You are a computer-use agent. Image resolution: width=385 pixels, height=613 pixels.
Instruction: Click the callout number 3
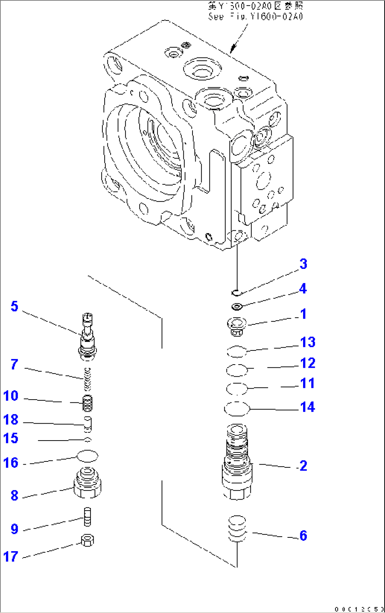click(303, 264)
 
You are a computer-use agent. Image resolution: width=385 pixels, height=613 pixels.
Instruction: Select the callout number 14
click(307, 407)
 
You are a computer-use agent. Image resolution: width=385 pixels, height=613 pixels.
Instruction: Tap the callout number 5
click(14, 306)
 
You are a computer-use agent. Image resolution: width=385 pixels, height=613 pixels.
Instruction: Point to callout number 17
click(11, 556)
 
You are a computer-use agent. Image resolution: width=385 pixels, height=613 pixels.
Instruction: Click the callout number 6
click(303, 536)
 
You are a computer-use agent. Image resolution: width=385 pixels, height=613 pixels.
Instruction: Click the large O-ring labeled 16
click(87, 456)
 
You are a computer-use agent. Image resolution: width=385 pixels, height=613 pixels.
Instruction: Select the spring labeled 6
click(237, 529)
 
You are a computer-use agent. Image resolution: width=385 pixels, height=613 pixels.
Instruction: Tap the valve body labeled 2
click(237, 463)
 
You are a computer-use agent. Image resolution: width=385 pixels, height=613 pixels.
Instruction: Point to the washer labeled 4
click(236, 306)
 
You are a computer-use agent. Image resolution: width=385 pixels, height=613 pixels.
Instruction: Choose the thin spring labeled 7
click(88, 379)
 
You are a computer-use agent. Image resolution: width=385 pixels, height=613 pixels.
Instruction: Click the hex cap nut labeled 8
click(88, 483)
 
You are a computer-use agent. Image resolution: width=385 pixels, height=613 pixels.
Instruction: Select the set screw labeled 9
click(87, 517)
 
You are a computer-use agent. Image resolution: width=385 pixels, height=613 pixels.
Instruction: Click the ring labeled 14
click(237, 409)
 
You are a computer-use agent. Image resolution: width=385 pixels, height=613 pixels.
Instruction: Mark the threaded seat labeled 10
click(87, 403)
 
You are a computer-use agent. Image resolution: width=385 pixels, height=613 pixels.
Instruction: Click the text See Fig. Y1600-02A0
click(255, 16)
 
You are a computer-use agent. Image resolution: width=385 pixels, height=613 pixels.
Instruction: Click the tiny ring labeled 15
click(88, 440)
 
